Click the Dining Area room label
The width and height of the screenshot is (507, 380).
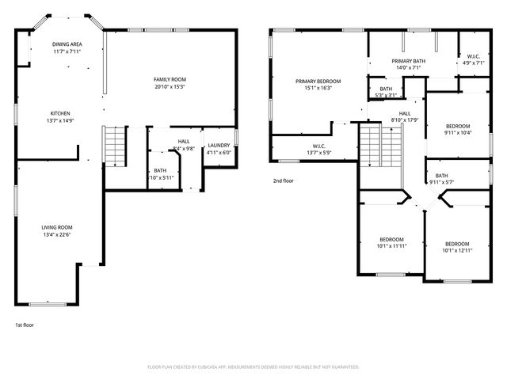tap(67, 44)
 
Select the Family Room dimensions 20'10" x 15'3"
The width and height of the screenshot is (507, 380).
tap(170, 86)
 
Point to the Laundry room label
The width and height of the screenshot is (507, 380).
tap(219, 145)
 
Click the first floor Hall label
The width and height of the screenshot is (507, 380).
tap(183, 142)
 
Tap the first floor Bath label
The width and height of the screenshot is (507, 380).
tap(160, 170)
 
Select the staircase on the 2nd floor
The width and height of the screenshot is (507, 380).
tap(372, 145)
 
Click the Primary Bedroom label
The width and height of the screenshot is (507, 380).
tap(318, 81)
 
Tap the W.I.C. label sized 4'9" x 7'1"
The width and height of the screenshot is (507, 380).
tap(474, 56)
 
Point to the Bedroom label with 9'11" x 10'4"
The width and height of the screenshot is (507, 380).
tap(457, 126)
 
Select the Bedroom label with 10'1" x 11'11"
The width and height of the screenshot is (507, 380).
tap(391, 240)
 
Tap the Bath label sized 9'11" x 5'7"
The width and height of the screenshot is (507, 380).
tap(441, 176)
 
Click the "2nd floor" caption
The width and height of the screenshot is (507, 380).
tap(284, 180)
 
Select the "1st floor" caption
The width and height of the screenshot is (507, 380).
tap(25, 325)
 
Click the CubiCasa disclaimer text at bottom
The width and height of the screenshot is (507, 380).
tap(253, 367)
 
